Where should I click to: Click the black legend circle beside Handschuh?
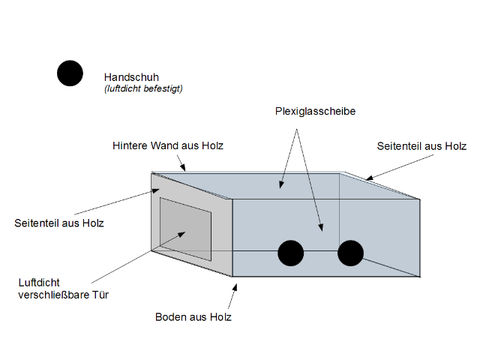(70, 73)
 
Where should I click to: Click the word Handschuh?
(131, 76)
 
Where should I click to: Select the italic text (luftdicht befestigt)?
(143, 88)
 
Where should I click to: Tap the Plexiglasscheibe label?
(315, 112)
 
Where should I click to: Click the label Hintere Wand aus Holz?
(167, 145)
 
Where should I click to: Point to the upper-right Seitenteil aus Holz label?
(421, 146)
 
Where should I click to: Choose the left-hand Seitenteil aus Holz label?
(59, 223)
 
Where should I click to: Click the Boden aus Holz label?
(193, 316)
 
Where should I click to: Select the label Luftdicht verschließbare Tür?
(64, 289)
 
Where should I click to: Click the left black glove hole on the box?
(291, 253)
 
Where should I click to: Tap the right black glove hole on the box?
(350, 253)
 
